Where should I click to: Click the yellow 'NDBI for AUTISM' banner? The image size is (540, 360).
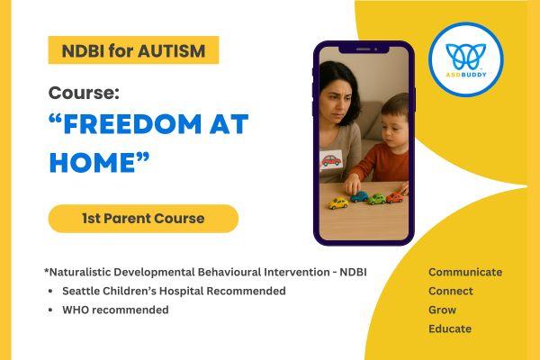pos(133,49)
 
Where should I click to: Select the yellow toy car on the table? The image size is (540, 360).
pos(337,202)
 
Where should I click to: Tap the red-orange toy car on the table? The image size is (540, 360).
pos(395,196)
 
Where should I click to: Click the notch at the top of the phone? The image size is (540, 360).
pos(364,48)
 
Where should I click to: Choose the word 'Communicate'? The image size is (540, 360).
pos(465,272)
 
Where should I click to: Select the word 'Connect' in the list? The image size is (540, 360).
pos(451,291)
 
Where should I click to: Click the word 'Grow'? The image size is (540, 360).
pos(442,310)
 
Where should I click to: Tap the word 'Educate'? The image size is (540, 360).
pos(450,328)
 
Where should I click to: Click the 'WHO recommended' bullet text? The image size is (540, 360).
pos(115,310)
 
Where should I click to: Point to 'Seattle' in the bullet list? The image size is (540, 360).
pos(82,291)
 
